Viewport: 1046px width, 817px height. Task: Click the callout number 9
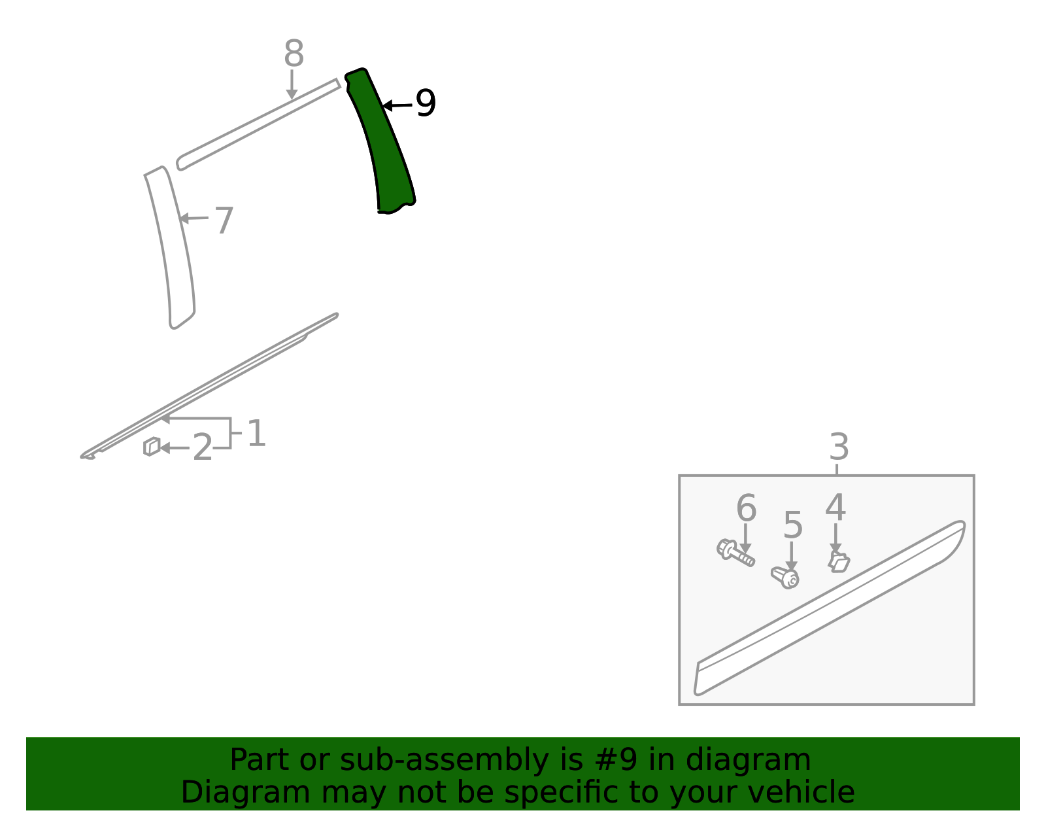point(426,103)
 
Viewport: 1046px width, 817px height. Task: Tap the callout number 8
point(294,53)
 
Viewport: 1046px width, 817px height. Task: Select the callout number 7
point(224,220)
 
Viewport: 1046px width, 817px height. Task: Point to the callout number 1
point(256,433)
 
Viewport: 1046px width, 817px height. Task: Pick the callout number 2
point(202,447)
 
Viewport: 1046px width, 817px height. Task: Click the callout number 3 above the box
point(839,446)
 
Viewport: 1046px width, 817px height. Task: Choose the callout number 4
point(835,507)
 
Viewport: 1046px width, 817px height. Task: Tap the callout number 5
point(793,525)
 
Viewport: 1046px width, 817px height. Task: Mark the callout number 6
point(746,508)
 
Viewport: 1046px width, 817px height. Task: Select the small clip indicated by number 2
point(152,446)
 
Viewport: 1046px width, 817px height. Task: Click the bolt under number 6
point(735,553)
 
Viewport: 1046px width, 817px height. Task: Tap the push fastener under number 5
point(785,577)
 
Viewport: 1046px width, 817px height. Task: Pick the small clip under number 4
point(839,563)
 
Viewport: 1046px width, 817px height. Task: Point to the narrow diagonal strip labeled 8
point(258,124)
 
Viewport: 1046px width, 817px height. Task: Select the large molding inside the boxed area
point(829,609)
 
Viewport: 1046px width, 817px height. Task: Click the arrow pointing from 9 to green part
point(397,105)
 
